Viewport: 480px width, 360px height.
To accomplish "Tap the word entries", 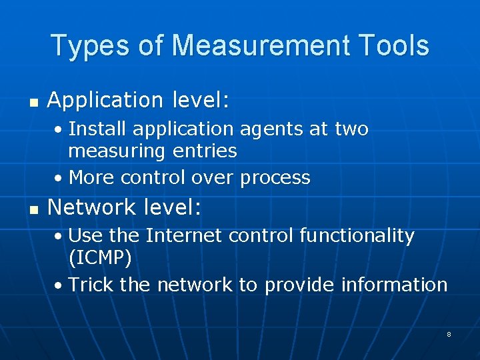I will click(x=204, y=151).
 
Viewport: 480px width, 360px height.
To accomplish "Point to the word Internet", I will click(x=185, y=235).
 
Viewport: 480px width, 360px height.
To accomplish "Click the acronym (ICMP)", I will click(x=100, y=258).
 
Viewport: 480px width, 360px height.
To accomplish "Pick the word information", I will click(x=394, y=285).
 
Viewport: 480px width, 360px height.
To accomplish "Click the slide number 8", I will click(x=449, y=334).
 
